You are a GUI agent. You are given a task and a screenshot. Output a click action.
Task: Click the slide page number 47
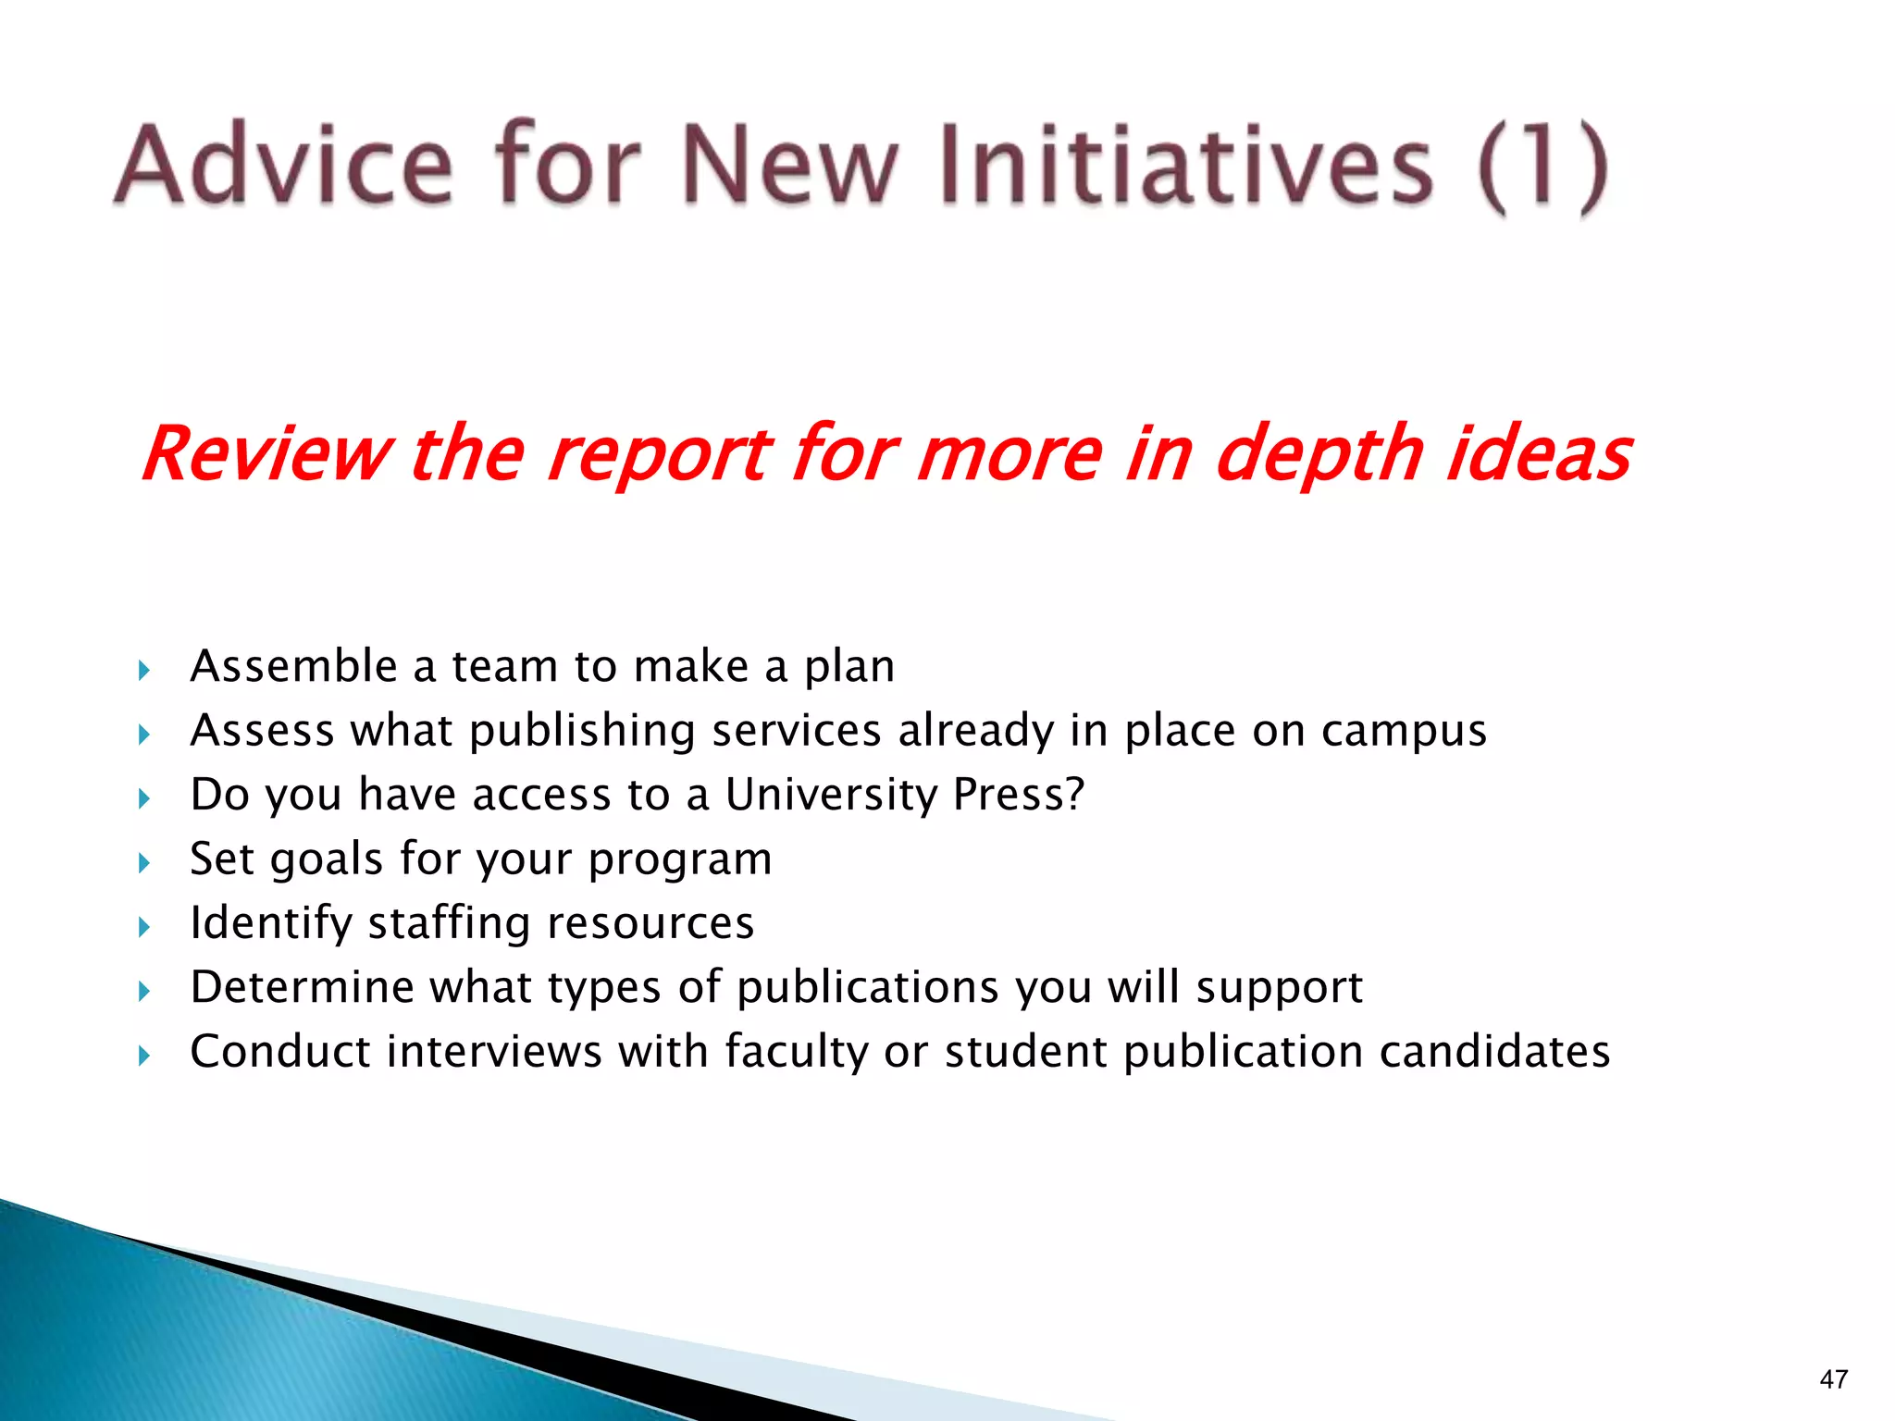pyautogui.click(x=1833, y=1379)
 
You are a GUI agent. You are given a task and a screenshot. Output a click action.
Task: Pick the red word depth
pyautogui.click(x=1319, y=455)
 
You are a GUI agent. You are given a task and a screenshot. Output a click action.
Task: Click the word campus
pyautogui.click(x=1404, y=732)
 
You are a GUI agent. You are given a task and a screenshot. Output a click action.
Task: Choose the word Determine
pyautogui.click(x=302, y=987)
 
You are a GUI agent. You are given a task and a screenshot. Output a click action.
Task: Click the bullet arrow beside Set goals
pyautogui.click(x=144, y=863)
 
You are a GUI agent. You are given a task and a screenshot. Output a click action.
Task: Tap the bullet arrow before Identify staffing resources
pyautogui.click(x=144, y=927)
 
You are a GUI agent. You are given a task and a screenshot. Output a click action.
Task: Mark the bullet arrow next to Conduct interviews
pyautogui.click(x=144, y=1055)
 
